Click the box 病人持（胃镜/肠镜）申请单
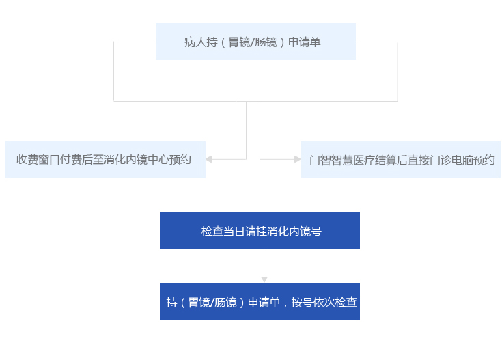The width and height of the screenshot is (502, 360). point(255,42)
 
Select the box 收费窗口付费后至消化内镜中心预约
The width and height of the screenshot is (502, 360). point(105,159)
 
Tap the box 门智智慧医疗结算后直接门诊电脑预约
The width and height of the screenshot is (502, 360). point(400,160)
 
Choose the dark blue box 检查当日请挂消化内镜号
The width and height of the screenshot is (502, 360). point(260,230)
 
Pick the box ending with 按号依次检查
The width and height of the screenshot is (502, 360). point(260,301)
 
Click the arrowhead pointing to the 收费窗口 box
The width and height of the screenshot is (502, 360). point(208,159)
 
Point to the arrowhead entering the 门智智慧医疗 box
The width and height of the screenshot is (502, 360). point(297,159)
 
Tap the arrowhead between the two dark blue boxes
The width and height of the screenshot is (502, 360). point(264,279)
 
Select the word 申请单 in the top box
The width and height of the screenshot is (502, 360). point(305,42)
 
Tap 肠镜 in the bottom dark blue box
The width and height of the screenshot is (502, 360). point(225,302)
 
